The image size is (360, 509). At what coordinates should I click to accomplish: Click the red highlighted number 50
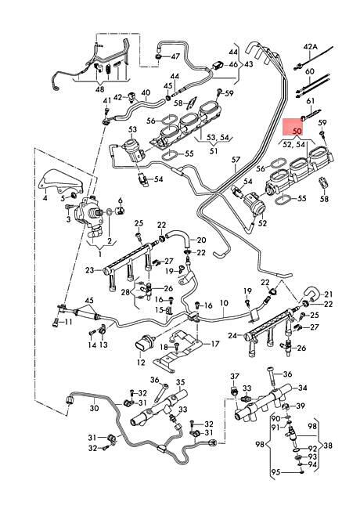coord(297,130)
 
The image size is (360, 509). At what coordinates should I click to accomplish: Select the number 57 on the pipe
coord(235,161)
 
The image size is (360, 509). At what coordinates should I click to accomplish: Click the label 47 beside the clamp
coord(175,56)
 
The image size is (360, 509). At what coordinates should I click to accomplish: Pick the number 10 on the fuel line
coord(223,302)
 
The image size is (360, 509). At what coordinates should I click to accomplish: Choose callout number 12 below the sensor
coord(142,362)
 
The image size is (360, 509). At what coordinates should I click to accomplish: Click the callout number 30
coord(94,408)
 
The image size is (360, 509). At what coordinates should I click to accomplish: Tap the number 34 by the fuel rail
coord(302,387)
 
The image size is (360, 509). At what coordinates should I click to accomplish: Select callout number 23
coord(90,270)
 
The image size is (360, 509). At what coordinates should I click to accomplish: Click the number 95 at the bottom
coord(275,473)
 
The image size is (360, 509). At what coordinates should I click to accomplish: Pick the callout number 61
coord(309,101)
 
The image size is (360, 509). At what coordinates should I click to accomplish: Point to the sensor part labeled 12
coord(142,344)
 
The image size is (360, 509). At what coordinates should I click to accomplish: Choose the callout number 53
coord(132,128)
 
